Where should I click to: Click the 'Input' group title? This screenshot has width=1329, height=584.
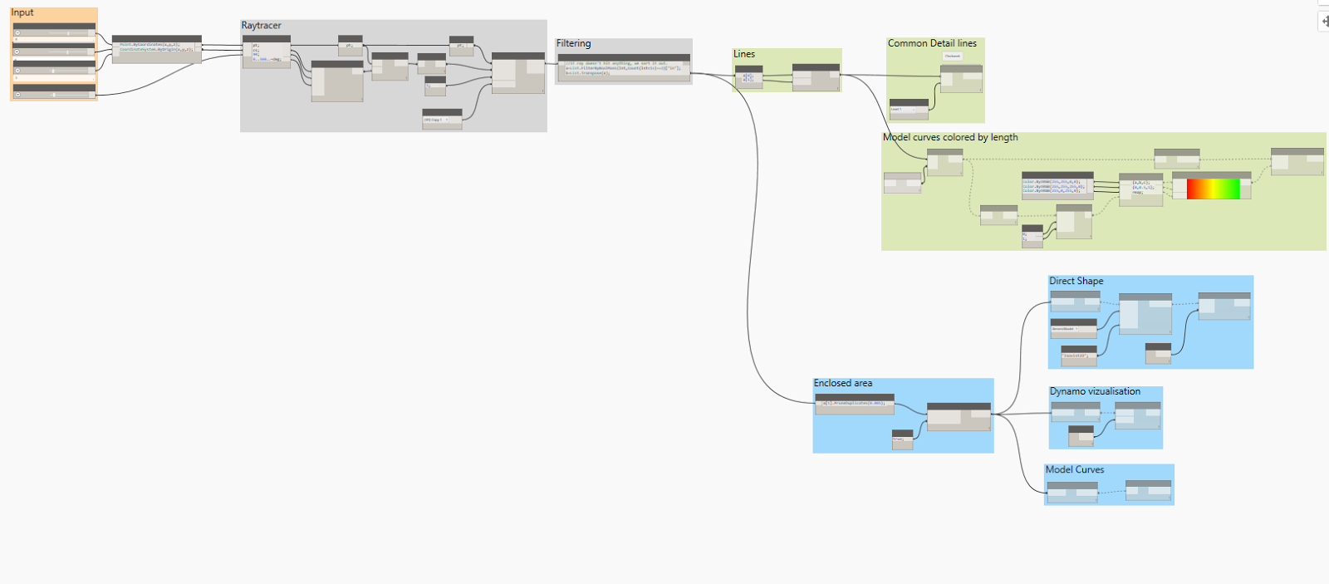[22, 12]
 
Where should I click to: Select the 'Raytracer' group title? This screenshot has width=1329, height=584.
[261, 26]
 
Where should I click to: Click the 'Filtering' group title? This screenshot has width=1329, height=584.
[573, 43]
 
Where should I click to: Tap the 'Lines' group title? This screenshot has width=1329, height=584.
[743, 54]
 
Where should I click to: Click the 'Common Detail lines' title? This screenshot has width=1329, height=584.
[932, 43]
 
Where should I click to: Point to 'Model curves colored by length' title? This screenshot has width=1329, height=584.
[950, 138]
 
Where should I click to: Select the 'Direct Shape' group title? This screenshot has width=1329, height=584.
[1076, 282]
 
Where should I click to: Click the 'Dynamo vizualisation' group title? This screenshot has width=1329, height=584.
[1095, 391]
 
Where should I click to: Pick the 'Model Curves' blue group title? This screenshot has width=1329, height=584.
[1075, 470]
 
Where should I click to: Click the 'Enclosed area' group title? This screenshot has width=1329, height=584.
[842, 384]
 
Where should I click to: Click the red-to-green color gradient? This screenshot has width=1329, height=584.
[1213, 189]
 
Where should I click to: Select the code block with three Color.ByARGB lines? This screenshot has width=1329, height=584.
[1057, 186]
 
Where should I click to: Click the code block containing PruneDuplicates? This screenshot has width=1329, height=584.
[854, 404]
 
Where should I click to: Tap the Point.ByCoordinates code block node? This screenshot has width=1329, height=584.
[156, 48]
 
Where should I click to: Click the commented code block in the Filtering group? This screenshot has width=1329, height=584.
[623, 68]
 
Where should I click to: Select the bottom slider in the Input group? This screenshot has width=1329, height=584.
[54, 94]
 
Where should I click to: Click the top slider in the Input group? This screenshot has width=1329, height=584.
[54, 33]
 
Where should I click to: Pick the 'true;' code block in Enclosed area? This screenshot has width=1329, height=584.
[902, 440]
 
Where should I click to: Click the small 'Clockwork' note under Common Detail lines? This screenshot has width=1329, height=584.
[952, 56]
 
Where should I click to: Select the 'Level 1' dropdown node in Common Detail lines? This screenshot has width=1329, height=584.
[909, 109]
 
